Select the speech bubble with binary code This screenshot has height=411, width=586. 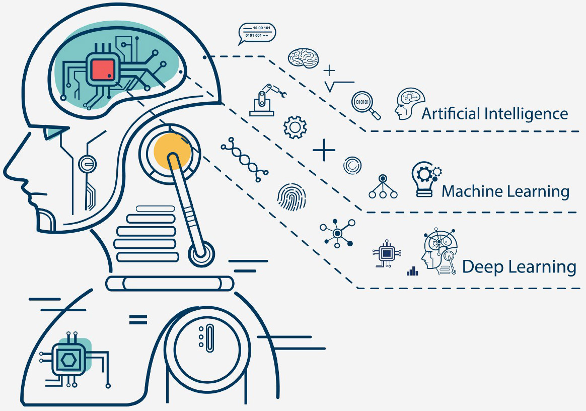pos(257,33)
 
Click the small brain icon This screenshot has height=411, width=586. pos(304,57)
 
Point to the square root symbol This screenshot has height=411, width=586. pos(339,86)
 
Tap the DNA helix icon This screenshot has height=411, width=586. pos(244,159)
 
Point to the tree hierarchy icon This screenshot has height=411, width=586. pos(383,187)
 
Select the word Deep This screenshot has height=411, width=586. pos(484,267)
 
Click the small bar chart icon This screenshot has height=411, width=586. pos(412,271)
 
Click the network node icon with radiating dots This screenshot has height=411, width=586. pos(337,232)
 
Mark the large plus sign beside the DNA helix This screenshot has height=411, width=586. pos(324,150)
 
